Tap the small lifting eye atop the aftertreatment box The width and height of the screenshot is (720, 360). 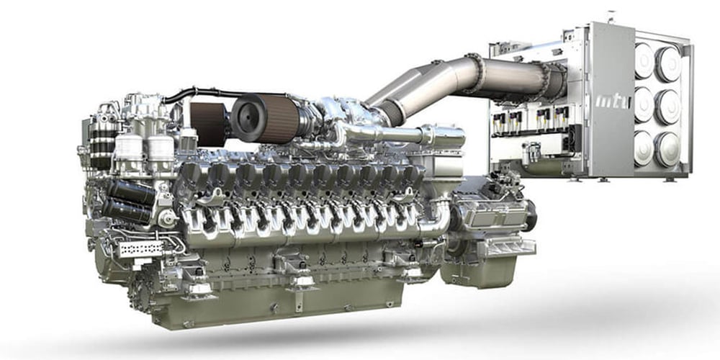click(611, 14)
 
